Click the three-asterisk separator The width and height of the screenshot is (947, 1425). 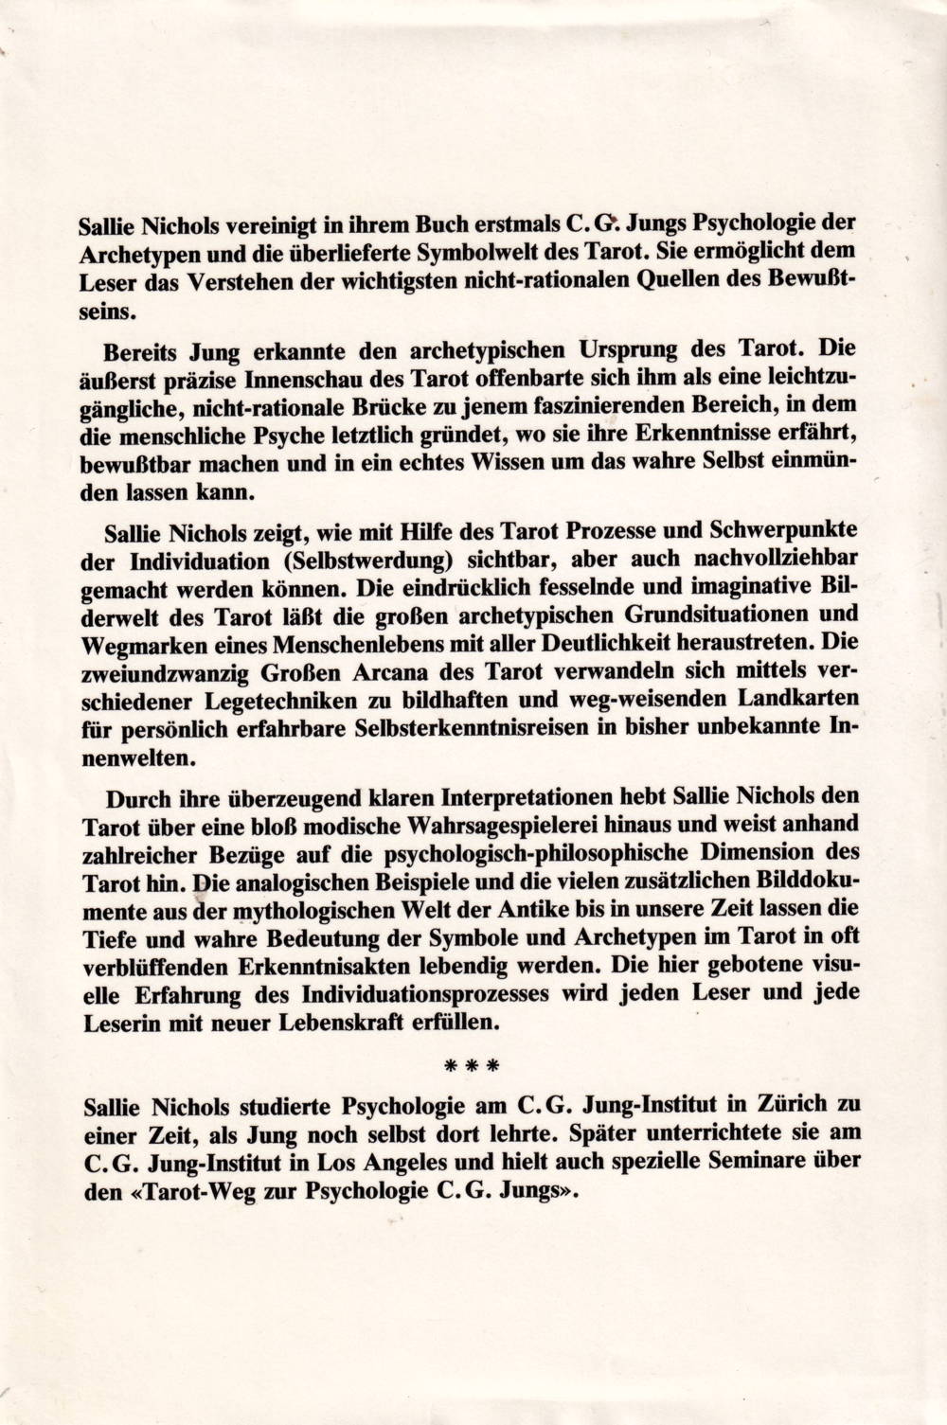click(x=473, y=1066)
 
